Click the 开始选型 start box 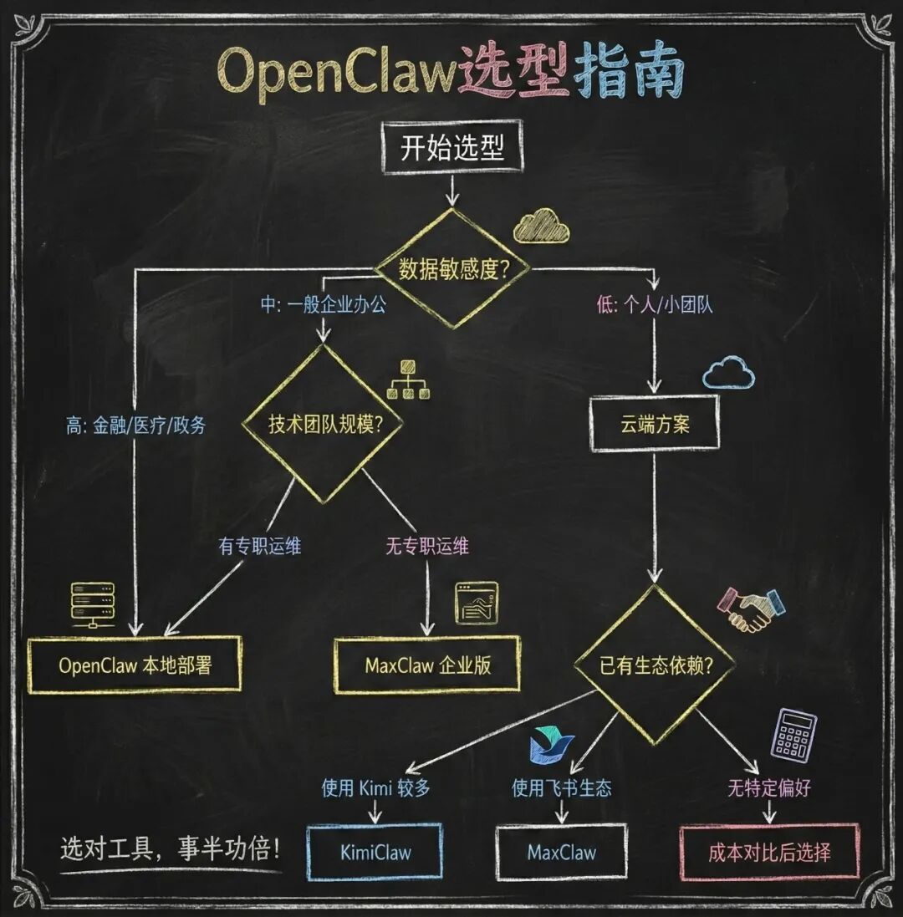pos(452,150)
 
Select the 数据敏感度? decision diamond pos(452,268)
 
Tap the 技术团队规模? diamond pos(322,424)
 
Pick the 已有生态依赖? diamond pos(655,665)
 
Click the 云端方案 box pos(655,424)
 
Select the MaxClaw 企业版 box pos(427,665)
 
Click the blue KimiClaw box pos(375,852)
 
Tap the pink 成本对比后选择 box pos(769,852)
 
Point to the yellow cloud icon pos(541,225)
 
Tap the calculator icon pos(793,735)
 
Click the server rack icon pos(93,604)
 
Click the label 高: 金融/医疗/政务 pos(135,425)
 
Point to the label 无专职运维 pos(426,547)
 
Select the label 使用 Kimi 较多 pos(375,787)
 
